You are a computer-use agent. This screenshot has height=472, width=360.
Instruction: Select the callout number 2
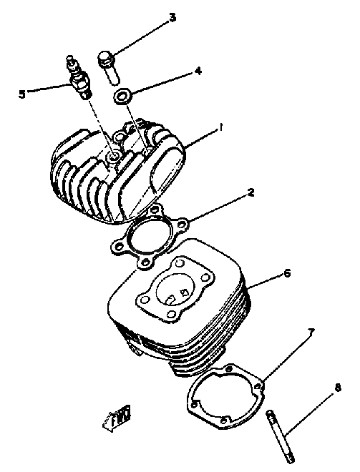tap(251, 192)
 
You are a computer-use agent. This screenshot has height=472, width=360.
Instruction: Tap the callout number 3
tap(172, 17)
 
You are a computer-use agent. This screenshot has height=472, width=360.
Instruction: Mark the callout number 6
tap(287, 272)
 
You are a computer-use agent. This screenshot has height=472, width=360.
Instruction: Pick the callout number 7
tap(311, 332)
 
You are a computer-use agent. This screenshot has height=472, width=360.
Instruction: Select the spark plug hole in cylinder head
tap(113, 155)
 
